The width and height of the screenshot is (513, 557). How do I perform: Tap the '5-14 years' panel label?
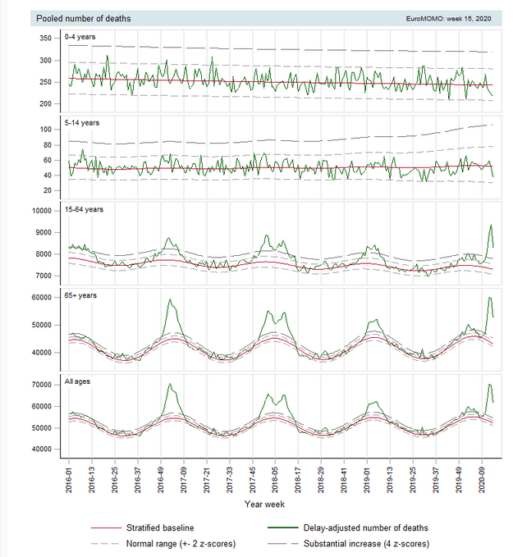point(85,123)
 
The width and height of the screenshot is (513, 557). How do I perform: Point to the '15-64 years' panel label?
point(87,209)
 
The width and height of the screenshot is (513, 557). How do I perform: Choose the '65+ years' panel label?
point(82,295)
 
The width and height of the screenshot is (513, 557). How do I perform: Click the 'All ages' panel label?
point(79,381)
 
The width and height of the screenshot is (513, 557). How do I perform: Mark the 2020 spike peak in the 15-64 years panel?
point(491,225)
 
